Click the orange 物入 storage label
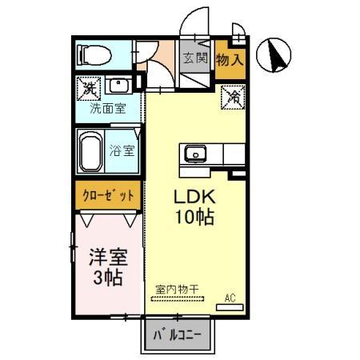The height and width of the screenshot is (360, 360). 230,58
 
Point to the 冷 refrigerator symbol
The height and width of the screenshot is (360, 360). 232,97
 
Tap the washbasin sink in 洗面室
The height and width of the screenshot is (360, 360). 118,86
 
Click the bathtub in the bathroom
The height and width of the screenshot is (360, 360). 91,150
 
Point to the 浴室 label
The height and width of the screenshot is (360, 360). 124,149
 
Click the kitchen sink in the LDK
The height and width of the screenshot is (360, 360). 195,154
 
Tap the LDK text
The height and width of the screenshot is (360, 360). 194,197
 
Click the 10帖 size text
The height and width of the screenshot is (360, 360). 194,216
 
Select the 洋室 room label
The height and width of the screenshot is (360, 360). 107,258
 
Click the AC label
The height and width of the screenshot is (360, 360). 230,298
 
